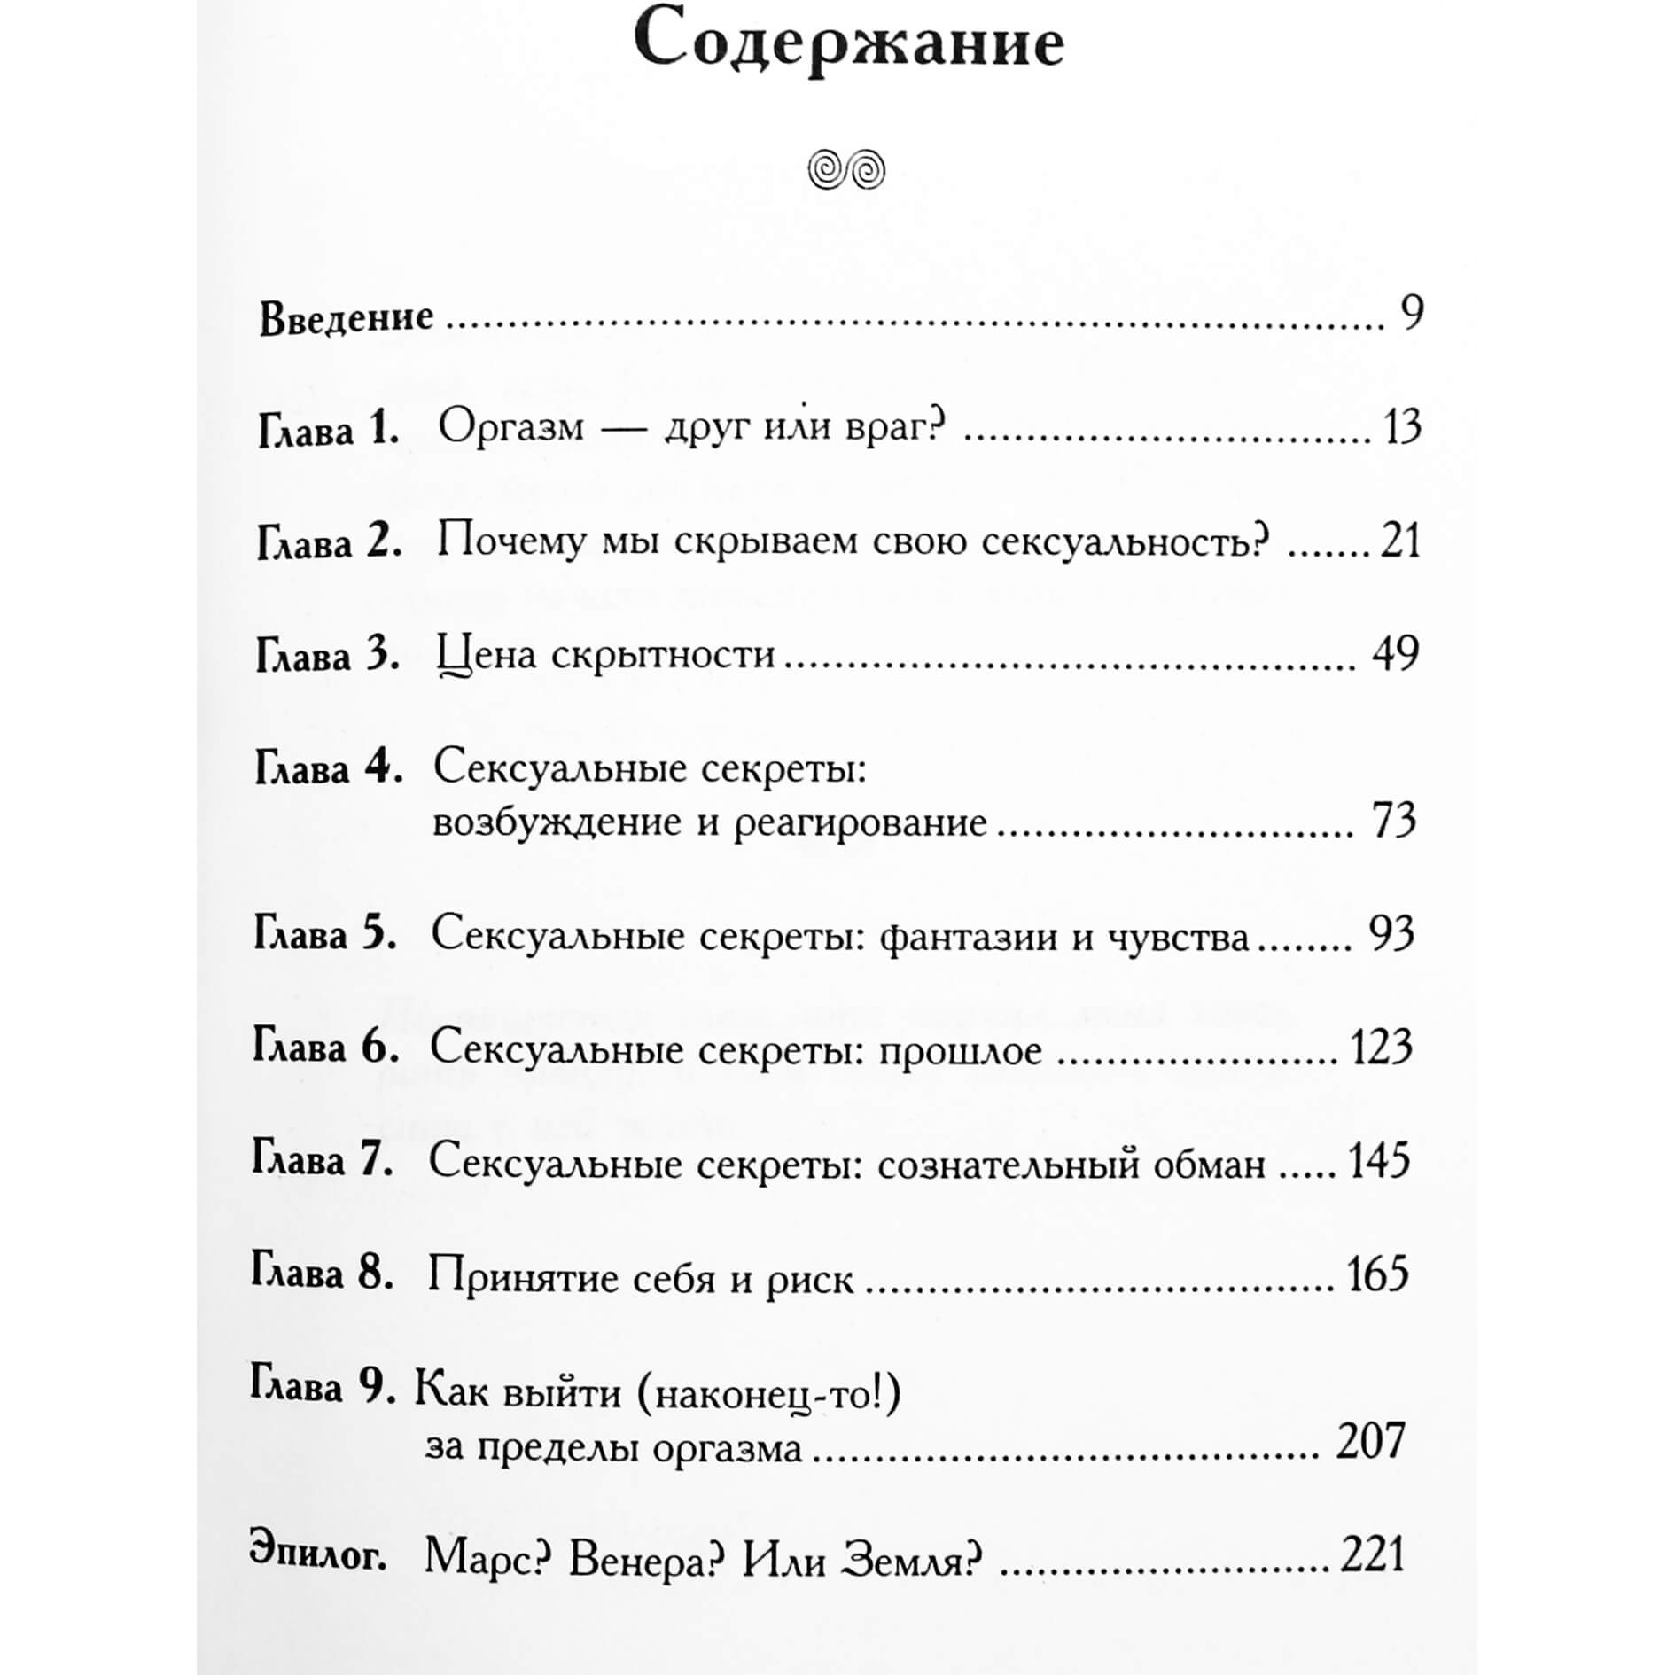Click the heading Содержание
click(848, 44)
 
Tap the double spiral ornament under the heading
click(846, 169)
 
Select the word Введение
click(346, 317)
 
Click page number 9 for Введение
click(1412, 313)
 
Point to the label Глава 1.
click(329, 431)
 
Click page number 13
click(1402, 427)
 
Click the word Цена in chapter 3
click(487, 656)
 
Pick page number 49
click(1395, 654)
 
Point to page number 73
click(1394, 821)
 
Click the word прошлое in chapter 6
click(960, 1051)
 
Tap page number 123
click(1381, 1048)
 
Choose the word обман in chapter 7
click(1209, 1165)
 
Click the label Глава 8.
click(322, 1274)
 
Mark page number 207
click(1371, 1441)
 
